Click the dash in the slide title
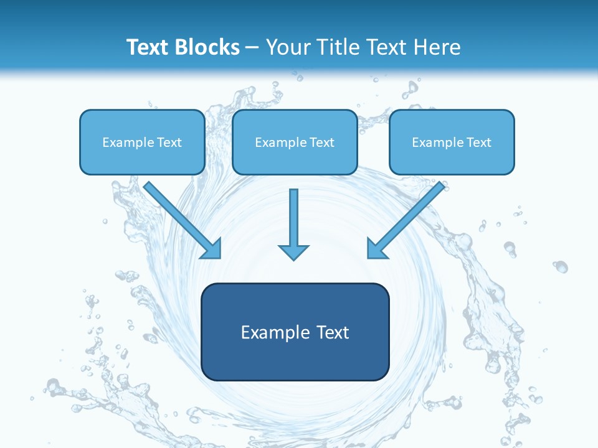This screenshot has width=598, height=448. click(x=252, y=48)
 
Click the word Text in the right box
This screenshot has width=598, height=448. click(x=479, y=142)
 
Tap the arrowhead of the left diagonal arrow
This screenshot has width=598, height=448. click(x=212, y=249)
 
